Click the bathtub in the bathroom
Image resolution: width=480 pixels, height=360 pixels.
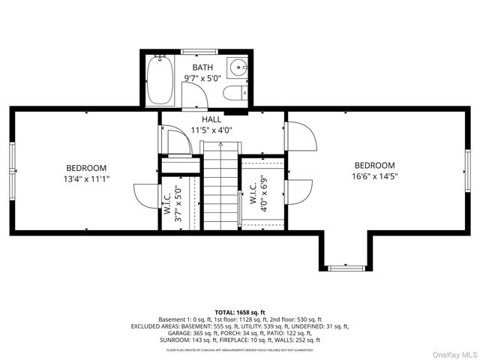pyautogui.click(x=160, y=80)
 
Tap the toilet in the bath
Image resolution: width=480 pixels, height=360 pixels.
pyautogui.click(x=233, y=92)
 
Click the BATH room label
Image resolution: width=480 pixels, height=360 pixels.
pyautogui.click(x=202, y=68)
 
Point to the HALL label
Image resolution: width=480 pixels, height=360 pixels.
pyautogui.click(x=211, y=119)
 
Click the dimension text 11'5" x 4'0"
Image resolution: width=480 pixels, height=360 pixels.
pyautogui.click(x=211, y=130)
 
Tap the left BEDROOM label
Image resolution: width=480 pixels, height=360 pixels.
pyautogui.click(x=86, y=168)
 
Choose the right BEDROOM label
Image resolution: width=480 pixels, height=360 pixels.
pyautogui.click(x=374, y=166)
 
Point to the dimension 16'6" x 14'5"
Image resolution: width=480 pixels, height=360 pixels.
pyautogui.click(x=374, y=176)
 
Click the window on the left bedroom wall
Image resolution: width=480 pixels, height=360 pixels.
pyautogui.click(x=12, y=169)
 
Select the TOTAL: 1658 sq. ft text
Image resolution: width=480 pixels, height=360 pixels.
pyautogui.click(x=239, y=312)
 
